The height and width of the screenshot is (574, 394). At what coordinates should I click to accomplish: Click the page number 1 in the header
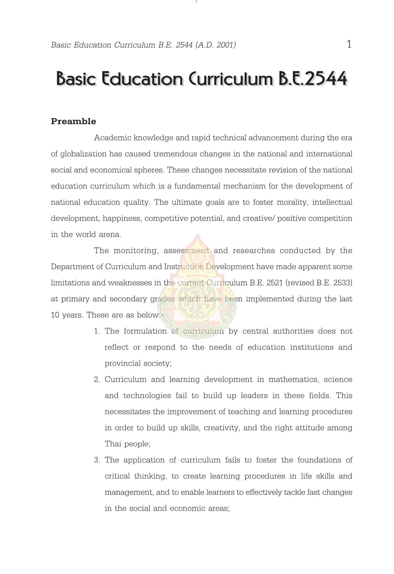[x=349, y=44]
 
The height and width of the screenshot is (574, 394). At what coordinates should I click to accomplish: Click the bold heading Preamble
[x=73, y=121]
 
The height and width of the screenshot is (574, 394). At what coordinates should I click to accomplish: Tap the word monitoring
[x=136, y=251]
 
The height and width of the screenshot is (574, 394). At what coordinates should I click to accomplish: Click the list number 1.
[x=97, y=331]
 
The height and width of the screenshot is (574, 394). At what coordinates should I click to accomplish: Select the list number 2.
[x=97, y=380]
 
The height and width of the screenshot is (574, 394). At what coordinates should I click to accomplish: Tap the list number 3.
[x=97, y=460]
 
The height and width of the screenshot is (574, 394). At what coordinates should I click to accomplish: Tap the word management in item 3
[x=126, y=492]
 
